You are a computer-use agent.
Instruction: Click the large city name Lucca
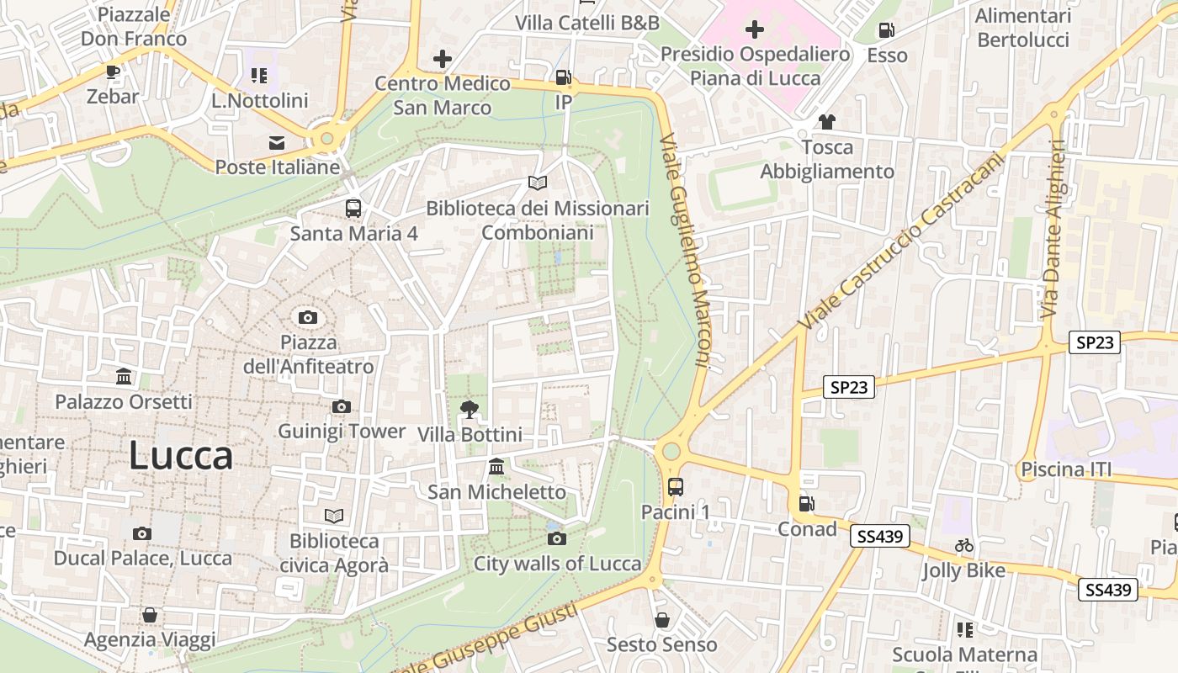181,455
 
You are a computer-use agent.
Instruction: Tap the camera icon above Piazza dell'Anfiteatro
308,317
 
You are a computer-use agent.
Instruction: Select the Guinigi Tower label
342,431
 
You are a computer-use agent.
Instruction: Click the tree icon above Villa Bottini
470,410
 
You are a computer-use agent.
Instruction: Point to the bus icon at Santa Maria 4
353,208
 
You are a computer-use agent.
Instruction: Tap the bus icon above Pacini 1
676,486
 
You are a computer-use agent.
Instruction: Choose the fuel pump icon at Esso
886,31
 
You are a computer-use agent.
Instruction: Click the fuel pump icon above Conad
806,504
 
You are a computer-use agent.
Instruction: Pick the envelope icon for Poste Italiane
277,142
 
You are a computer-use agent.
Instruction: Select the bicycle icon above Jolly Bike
964,545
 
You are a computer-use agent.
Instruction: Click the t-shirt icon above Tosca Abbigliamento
826,122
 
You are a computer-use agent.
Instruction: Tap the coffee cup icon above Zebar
113,72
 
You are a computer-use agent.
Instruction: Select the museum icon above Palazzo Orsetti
124,376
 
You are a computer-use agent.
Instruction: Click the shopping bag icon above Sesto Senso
662,620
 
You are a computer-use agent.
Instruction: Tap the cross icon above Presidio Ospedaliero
755,30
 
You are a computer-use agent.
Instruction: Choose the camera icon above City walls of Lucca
556,538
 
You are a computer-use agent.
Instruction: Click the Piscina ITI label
1065,469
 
